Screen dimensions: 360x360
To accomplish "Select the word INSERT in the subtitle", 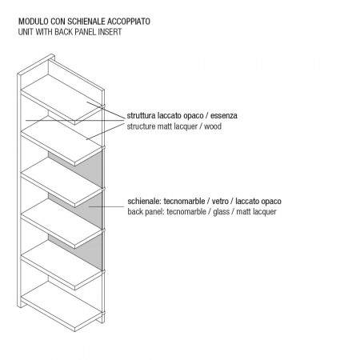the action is (x=110, y=32).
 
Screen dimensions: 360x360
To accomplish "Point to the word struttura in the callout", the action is (x=141, y=116).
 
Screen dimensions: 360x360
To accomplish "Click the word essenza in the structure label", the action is (x=224, y=116).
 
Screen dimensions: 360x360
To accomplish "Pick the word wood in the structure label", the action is (x=213, y=126).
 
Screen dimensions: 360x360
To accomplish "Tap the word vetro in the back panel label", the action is (x=220, y=201).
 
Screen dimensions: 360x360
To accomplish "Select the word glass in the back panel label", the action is (x=221, y=212).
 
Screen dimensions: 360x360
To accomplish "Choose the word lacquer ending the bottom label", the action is (x=265, y=212).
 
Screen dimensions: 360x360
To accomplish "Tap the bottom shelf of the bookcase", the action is (x=62, y=306).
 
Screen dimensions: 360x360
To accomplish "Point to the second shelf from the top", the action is (x=62, y=141).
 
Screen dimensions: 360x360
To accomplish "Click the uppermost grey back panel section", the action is (x=88, y=169).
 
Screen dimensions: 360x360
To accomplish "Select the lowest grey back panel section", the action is (x=88, y=251).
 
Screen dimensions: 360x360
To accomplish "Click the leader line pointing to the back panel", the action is (x=106, y=206).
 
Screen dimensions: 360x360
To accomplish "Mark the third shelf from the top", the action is (x=62, y=182).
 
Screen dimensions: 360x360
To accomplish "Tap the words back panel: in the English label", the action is (x=146, y=212).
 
